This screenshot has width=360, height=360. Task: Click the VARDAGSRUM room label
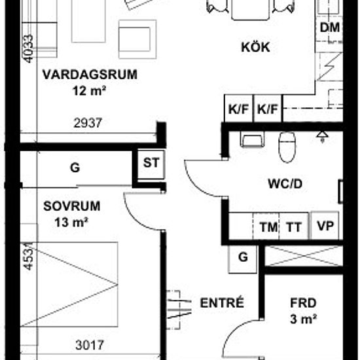[x=90, y=75]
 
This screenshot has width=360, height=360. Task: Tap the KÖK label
[x=255, y=47]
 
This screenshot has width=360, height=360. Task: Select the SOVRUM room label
[x=72, y=206]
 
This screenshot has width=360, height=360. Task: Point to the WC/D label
[x=285, y=184]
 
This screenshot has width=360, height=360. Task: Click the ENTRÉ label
[x=222, y=302]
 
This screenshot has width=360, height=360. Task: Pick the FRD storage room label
[x=303, y=303]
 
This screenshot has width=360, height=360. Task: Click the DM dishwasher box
[x=329, y=28]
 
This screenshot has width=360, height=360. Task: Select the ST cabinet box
[x=151, y=164]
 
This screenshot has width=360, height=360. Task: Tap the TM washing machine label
[x=268, y=227]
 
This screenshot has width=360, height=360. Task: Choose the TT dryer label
[x=294, y=227]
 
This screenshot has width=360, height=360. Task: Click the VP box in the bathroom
[x=325, y=226]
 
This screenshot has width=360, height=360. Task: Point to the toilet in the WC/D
[x=287, y=147]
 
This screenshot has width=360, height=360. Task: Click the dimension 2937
[x=88, y=123]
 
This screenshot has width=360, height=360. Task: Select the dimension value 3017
[x=90, y=345]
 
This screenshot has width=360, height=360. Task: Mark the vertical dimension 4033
[x=28, y=48]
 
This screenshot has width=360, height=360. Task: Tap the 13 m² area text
[x=71, y=223]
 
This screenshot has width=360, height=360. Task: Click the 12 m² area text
[x=89, y=91]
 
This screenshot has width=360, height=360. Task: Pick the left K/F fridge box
[x=238, y=109]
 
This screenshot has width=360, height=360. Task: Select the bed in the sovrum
[x=69, y=284]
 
